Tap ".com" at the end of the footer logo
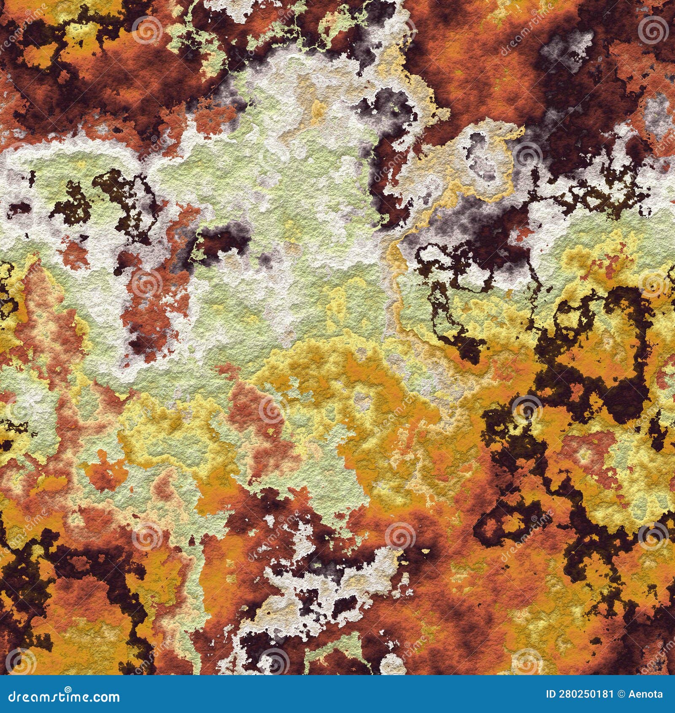tap(105, 697)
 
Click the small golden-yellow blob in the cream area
tap(319, 110)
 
